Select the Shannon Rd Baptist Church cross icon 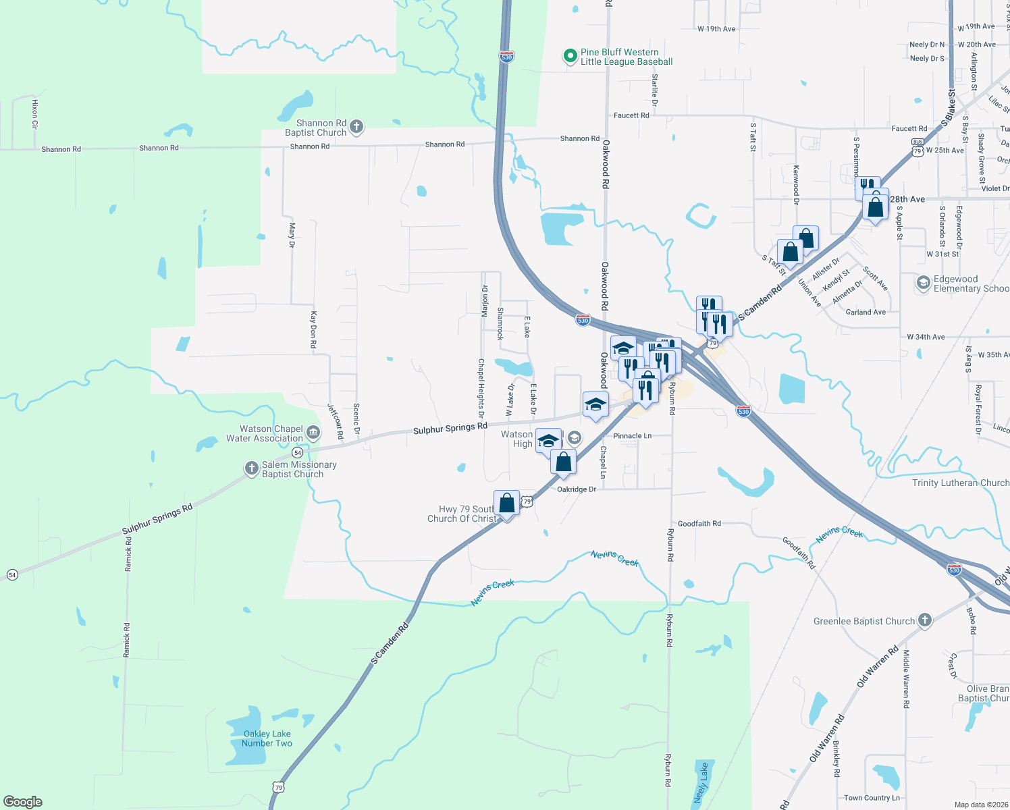(356, 126)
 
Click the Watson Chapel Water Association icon (313, 432)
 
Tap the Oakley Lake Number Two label (267, 738)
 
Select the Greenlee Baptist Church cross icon (925, 620)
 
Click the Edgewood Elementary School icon (923, 283)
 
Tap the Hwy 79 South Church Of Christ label (463, 514)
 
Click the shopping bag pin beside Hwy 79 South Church (506, 504)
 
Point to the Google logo (23, 802)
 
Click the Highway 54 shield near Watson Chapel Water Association (298, 452)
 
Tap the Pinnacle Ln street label (633, 436)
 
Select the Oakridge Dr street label (577, 489)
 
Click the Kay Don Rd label (313, 329)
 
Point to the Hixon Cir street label (35, 113)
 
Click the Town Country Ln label (872, 798)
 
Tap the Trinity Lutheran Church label (960, 483)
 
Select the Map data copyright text (978, 805)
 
